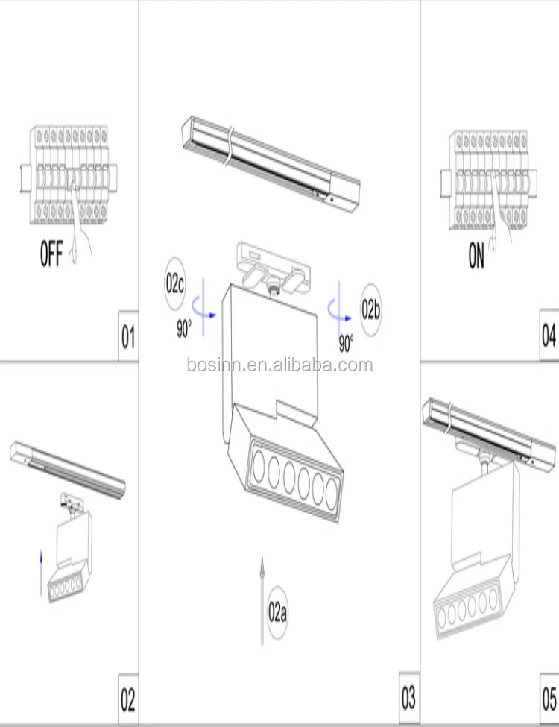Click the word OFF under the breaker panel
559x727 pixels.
tap(51, 254)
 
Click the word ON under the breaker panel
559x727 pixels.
tap(476, 256)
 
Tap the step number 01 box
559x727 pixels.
tap(128, 336)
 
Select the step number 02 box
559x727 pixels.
tap(128, 699)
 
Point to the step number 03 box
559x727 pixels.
tap(409, 698)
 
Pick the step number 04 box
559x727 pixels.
tap(549, 335)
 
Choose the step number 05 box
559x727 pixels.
tap(550, 699)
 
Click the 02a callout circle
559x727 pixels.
tap(277, 613)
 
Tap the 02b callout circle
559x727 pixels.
tap(371, 309)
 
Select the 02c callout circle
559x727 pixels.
tap(174, 283)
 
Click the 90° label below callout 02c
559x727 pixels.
tap(184, 328)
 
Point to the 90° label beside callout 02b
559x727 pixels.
tap(347, 344)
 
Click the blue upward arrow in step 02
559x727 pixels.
tap(41, 573)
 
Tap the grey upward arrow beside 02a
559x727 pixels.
tap(262, 601)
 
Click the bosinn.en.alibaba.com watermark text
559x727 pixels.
tap(280, 365)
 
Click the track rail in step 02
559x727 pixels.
tap(68, 469)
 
